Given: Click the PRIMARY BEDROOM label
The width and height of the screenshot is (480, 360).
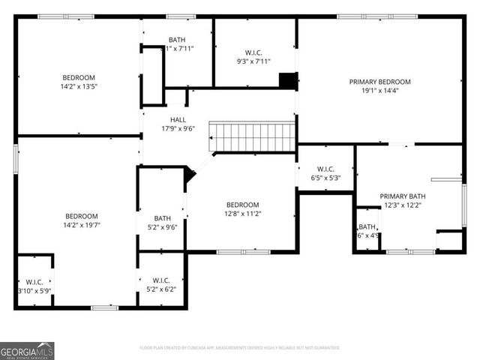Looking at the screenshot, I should point(380,81).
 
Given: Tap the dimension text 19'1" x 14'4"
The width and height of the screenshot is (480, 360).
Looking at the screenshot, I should point(380,91).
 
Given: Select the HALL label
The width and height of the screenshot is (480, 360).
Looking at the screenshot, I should point(178,120).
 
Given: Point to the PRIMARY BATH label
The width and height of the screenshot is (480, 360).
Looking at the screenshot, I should point(402,196).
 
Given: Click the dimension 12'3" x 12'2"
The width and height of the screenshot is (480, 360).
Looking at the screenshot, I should point(402,205).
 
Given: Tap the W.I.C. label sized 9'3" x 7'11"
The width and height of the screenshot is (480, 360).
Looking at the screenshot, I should point(253,52).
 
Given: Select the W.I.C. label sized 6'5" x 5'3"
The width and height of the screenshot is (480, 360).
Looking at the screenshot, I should point(325,169).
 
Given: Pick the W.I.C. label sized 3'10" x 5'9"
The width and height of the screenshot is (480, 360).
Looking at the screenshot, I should point(34,281).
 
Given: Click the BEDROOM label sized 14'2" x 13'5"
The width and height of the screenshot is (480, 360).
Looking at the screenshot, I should point(79,77).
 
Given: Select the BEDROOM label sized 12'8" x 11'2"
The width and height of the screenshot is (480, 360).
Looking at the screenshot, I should point(242,205).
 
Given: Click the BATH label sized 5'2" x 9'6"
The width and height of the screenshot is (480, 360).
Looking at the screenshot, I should point(163,219).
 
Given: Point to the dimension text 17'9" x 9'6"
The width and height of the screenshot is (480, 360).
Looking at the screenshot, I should point(178,129).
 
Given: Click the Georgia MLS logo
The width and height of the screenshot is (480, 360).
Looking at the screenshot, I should point(27,350).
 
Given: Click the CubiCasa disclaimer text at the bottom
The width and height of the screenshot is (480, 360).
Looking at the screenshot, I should point(240,348).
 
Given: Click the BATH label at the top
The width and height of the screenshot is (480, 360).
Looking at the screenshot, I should point(178,40).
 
